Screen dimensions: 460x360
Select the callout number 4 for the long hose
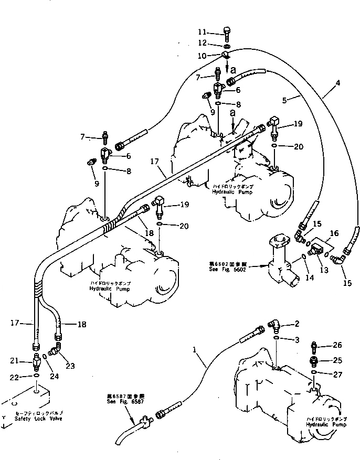click(338, 83)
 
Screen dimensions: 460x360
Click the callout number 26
click(337, 345)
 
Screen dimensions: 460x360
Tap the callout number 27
click(337, 373)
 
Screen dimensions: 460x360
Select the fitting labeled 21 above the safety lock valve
click(36, 361)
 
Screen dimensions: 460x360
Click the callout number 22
click(16, 377)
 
